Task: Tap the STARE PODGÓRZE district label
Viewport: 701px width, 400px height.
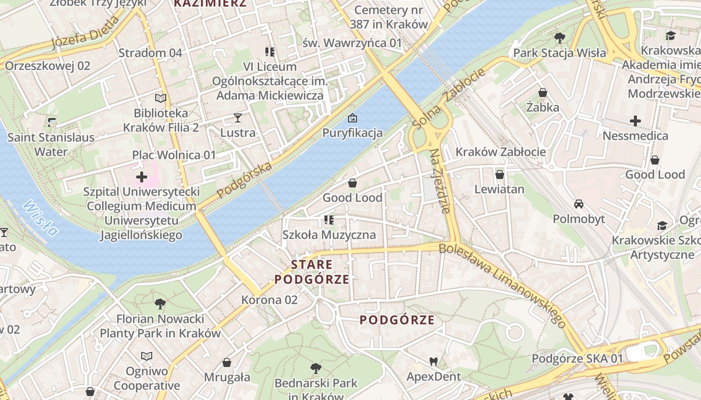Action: point(311,272)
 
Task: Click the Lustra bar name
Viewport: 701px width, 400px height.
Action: point(238,133)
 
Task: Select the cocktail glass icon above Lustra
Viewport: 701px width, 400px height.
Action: point(238,118)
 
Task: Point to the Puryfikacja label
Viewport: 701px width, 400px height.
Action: point(353,133)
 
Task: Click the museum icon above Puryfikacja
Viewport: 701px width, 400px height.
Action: point(353,118)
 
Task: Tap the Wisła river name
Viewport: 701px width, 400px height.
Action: point(40,218)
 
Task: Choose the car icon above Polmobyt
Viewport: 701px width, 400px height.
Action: point(579,204)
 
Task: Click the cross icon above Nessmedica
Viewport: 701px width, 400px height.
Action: point(635,120)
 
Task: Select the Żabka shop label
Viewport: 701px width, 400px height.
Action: point(542,107)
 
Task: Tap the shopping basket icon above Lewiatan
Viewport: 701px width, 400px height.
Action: point(499,174)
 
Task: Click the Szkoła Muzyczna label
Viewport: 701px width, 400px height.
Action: point(329,235)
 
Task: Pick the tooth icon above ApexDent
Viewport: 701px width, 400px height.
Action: point(434,361)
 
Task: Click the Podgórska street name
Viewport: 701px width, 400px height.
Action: point(245,179)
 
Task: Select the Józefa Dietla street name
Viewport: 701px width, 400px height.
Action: point(86,33)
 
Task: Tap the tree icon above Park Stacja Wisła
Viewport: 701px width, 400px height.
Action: point(559,38)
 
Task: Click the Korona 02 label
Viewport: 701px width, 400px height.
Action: point(269,300)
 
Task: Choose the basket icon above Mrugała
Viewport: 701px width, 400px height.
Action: point(227,362)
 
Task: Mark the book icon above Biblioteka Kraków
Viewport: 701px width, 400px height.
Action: point(160,98)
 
